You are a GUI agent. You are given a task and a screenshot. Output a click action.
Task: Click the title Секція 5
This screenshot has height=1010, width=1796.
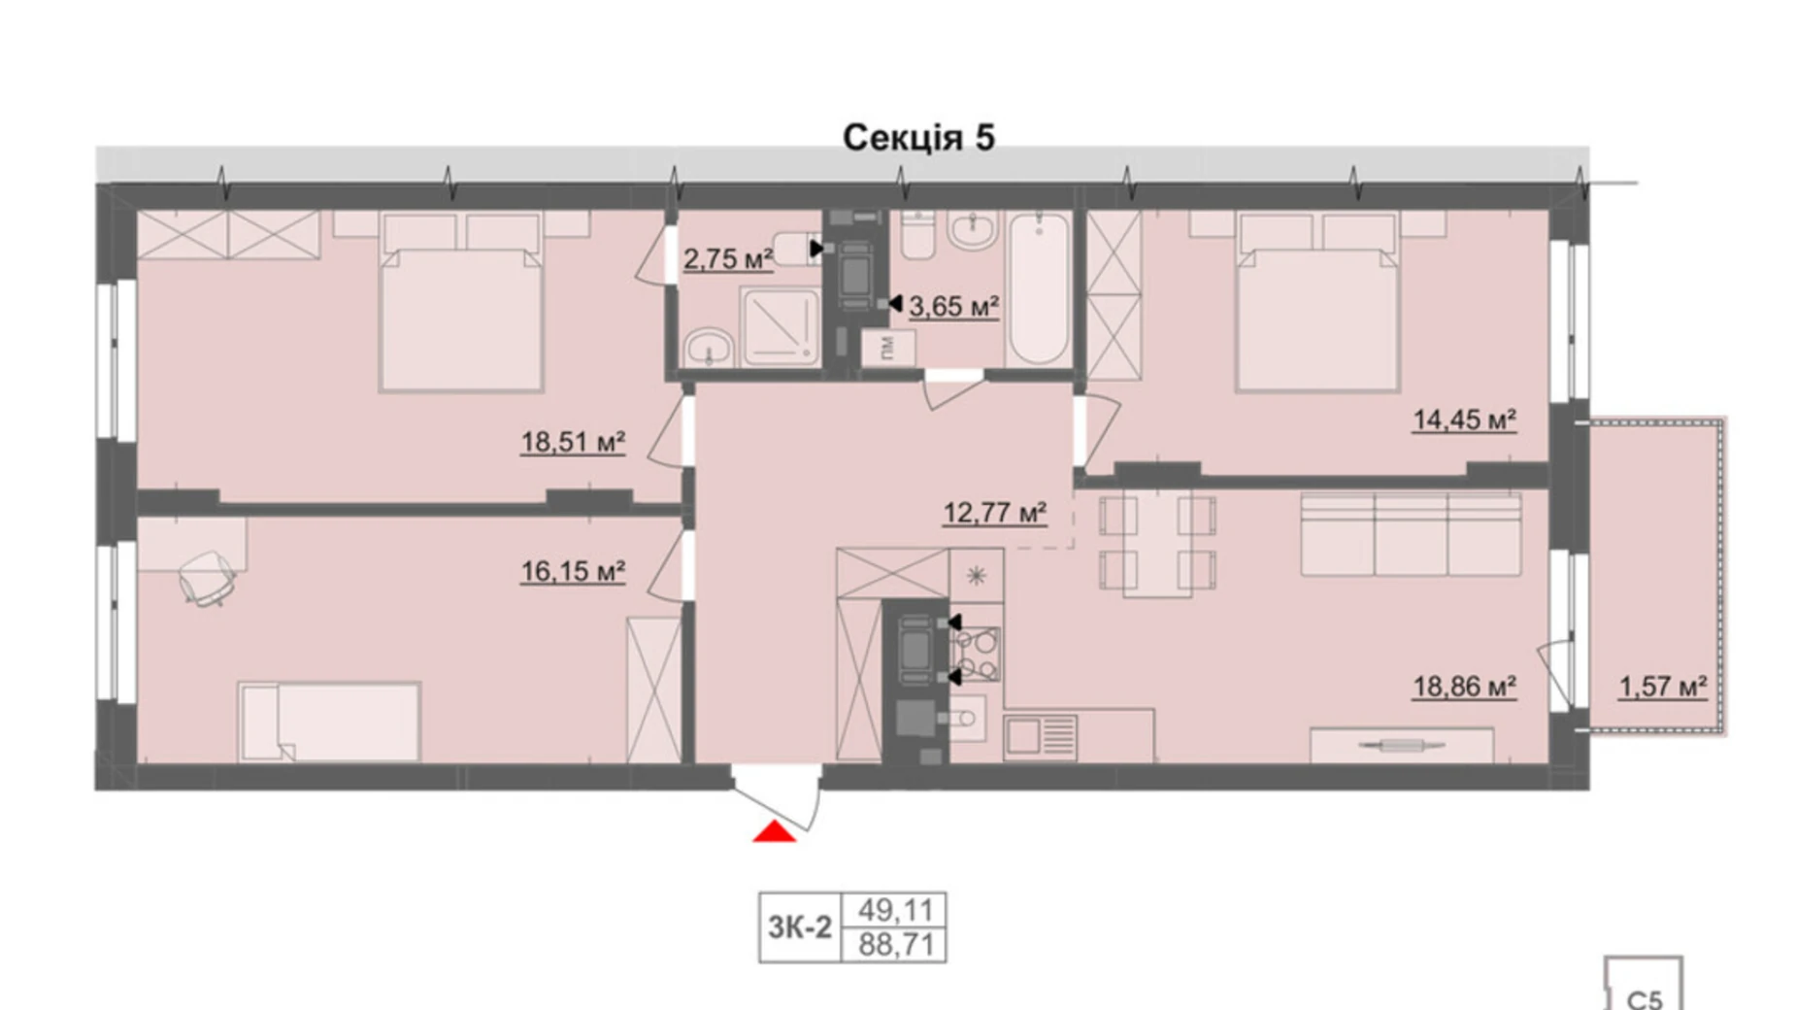(x=917, y=138)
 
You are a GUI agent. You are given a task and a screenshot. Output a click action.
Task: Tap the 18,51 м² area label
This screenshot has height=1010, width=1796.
(x=572, y=443)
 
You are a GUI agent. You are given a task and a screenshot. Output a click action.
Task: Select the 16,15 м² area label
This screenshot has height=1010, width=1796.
(x=572, y=571)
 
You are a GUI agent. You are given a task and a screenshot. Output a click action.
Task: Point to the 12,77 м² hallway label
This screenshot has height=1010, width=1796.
(x=994, y=512)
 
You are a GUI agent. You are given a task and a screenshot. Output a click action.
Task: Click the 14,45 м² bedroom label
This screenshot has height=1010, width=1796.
(x=1463, y=421)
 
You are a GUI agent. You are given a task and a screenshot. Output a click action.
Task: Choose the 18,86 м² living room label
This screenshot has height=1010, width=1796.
(x=1463, y=688)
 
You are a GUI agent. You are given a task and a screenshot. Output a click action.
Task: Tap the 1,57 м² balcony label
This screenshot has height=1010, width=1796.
(x=1662, y=688)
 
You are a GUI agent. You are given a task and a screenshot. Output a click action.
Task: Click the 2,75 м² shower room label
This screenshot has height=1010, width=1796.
(x=727, y=259)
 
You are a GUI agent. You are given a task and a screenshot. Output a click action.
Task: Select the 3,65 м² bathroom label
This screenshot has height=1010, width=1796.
(x=953, y=307)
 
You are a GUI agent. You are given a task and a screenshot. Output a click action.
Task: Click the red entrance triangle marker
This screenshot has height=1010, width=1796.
(x=774, y=831)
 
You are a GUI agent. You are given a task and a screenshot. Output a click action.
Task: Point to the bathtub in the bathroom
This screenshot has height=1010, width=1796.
(x=1038, y=288)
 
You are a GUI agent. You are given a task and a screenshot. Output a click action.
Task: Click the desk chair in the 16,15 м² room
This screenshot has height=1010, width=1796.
(x=207, y=578)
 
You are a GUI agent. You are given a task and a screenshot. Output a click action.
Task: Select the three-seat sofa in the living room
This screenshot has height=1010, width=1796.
(x=1410, y=535)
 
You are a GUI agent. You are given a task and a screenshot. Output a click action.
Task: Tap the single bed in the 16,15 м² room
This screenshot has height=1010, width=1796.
(x=330, y=722)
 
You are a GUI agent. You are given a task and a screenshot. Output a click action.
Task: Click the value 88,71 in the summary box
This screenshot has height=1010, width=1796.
(x=895, y=944)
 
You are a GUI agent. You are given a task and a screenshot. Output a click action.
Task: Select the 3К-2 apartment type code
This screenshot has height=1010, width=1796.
(x=799, y=927)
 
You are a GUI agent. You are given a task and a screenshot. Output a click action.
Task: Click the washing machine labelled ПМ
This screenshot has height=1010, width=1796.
(x=888, y=347)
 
